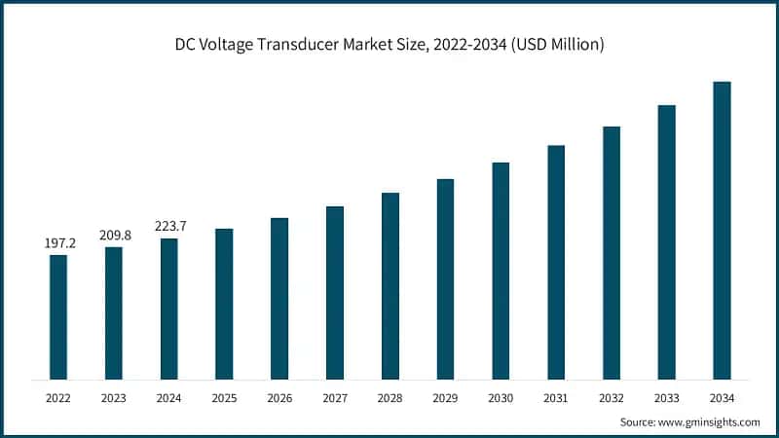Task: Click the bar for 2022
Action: [x=58, y=316]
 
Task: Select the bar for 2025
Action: [x=224, y=304]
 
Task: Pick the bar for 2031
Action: [x=556, y=262]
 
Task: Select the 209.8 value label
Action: [x=114, y=236]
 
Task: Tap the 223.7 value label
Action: [x=169, y=227]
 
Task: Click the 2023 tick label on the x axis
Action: [x=114, y=397]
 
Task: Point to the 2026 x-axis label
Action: [x=279, y=397]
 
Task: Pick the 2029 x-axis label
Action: [x=445, y=397]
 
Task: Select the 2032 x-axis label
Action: [x=612, y=397]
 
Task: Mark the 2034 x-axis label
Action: [x=722, y=397]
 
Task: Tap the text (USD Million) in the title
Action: [x=555, y=44]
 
